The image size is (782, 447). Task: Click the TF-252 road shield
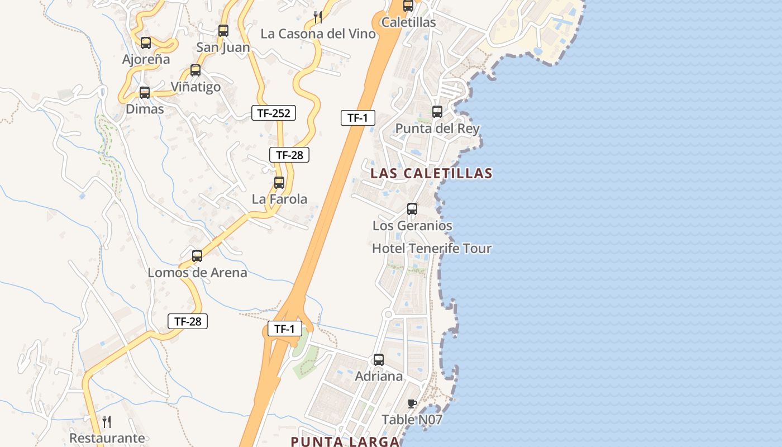pos(273,113)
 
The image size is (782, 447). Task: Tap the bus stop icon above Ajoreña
pos(146,42)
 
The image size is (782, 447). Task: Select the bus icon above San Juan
pos(223,30)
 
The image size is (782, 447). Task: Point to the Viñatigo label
pos(195,87)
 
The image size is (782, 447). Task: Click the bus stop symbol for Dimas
pos(145,93)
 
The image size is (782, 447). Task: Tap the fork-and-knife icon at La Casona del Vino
pos(318,17)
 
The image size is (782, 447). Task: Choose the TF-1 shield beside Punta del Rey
pos(357,118)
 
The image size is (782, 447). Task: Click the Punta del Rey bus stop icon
pos(437,112)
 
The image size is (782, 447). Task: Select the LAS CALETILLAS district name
pos(431,173)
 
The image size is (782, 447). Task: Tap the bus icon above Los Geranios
pos(412,209)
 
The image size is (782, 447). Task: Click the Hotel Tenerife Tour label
pos(432,248)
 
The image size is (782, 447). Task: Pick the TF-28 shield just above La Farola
pos(289,155)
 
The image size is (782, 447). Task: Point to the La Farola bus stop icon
pos(279,182)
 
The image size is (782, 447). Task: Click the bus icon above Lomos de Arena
pos(197,256)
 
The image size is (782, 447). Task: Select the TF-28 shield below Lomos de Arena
pos(188,321)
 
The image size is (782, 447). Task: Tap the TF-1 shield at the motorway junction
pos(284,329)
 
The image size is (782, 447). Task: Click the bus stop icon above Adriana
pos(379,360)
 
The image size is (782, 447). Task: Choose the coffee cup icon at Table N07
pos(412,403)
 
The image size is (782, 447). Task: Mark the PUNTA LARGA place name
pos(345,441)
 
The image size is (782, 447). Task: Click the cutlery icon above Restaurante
pos(107,421)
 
